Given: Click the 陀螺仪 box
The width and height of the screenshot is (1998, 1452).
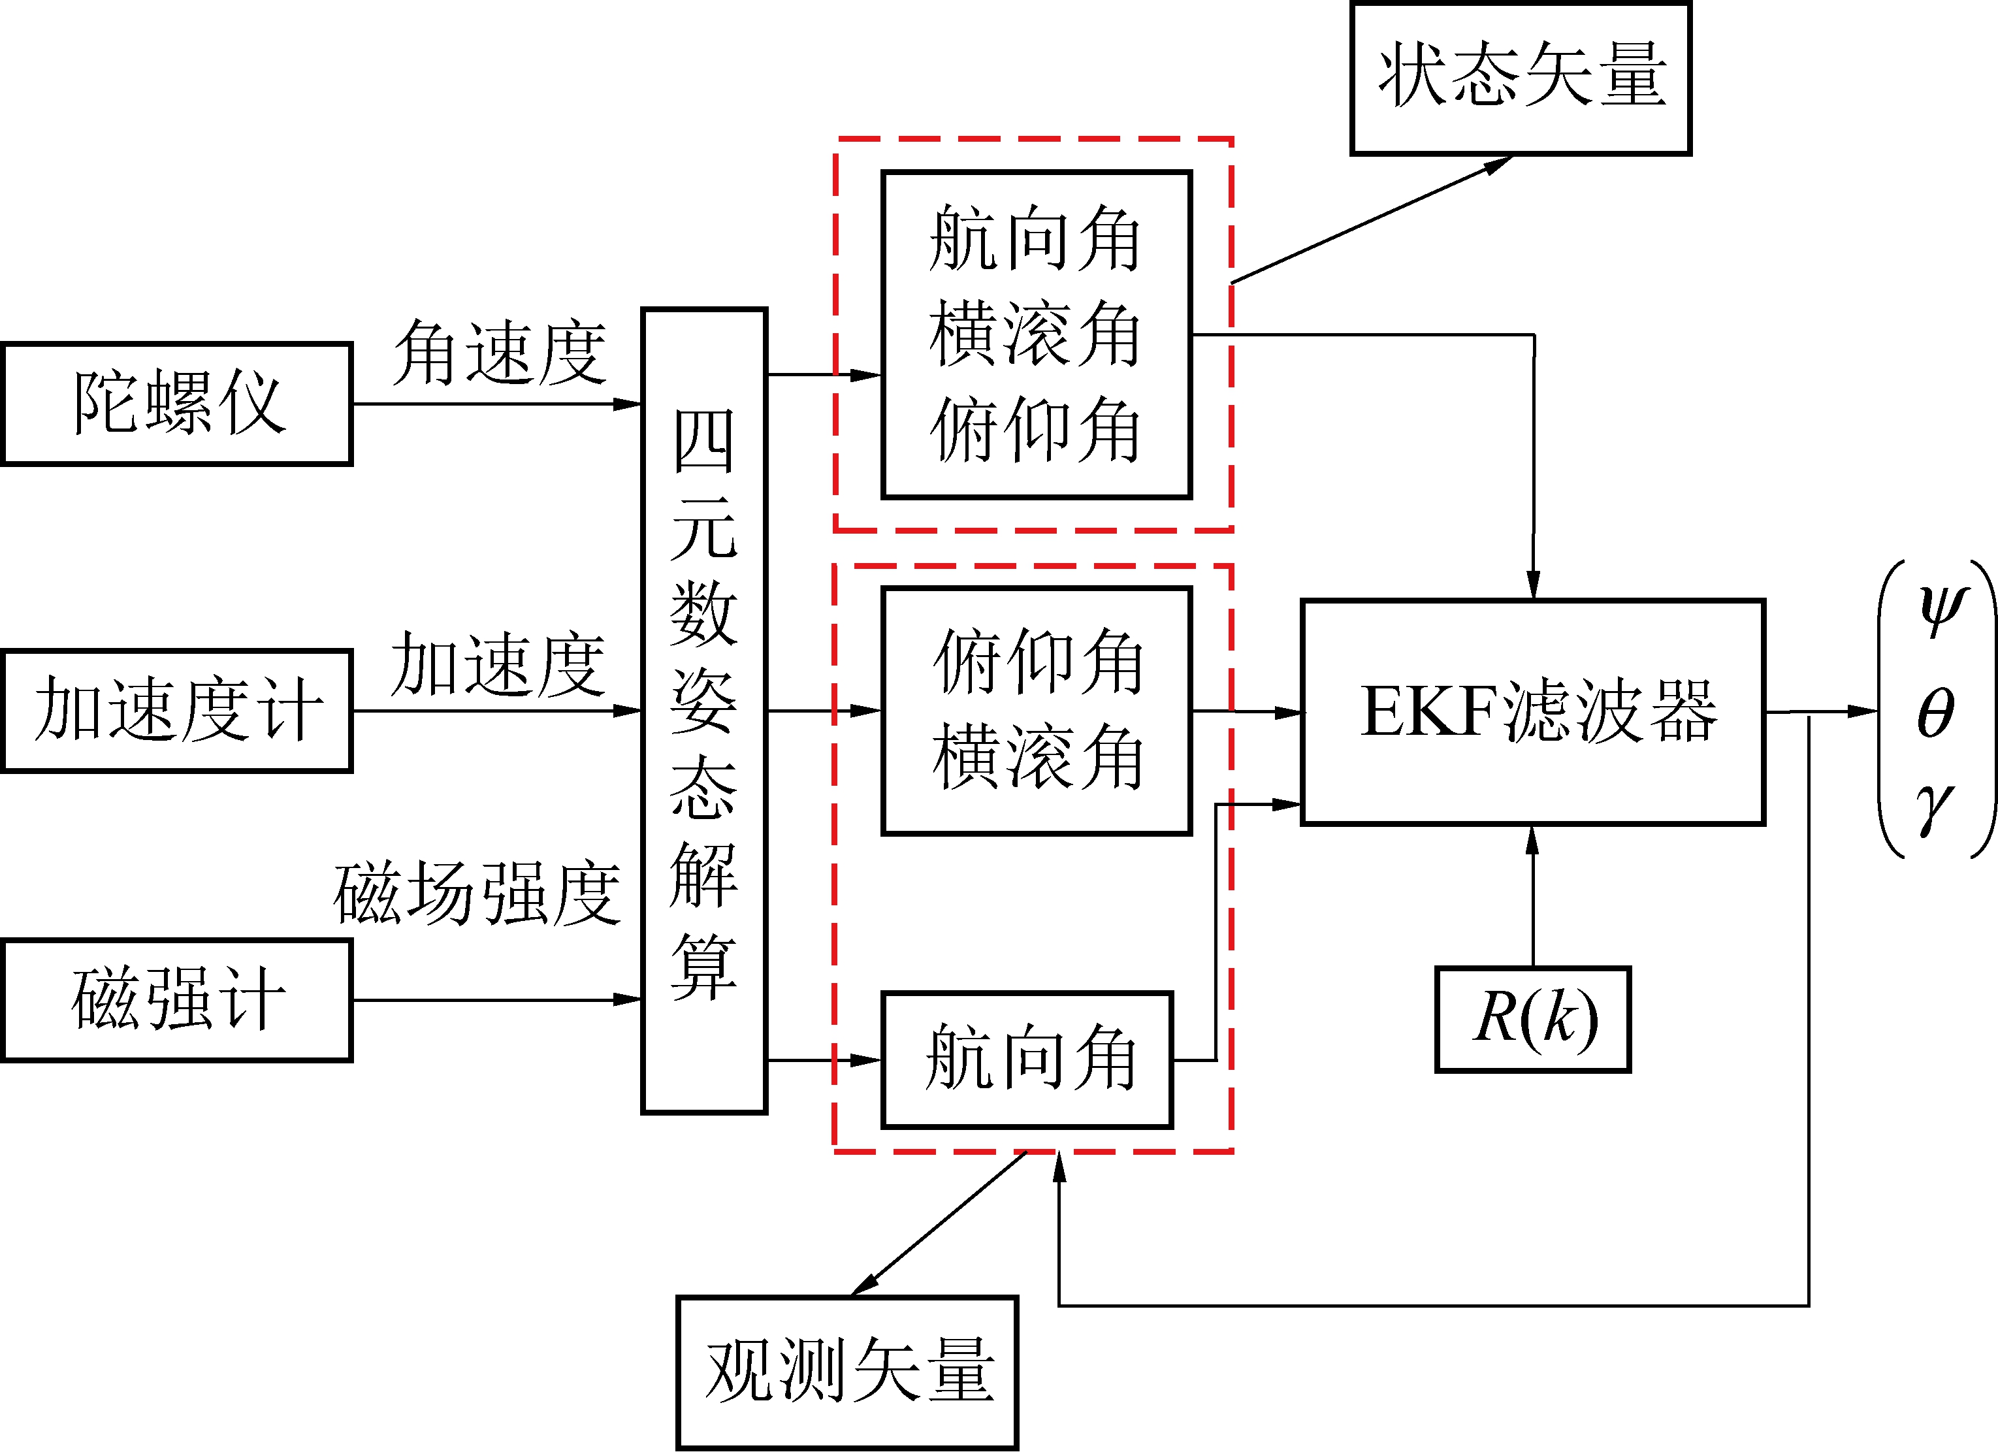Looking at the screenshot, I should pos(177,404).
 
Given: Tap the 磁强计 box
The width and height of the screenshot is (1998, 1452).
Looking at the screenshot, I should pos(177,1000).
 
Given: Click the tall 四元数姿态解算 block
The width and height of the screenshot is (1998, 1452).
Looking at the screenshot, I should pos(704,710).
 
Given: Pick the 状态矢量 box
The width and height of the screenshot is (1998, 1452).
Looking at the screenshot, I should pos(1521,78).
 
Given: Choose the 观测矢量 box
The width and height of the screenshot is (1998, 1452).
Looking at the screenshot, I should pos(846,1371).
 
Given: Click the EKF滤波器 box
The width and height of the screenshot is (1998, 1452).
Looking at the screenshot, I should pos(1533,712).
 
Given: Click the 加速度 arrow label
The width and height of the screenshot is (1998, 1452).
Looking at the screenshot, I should pos(498,664).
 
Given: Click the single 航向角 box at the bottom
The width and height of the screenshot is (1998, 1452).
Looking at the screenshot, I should pos(1027,1059).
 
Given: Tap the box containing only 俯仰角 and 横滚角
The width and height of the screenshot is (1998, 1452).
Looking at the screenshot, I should pos(1037,710).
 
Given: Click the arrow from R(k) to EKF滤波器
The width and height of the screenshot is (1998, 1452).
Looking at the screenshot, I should pos(1533,894).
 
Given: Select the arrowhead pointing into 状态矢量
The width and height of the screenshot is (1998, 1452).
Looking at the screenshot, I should pos(1498,165).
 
